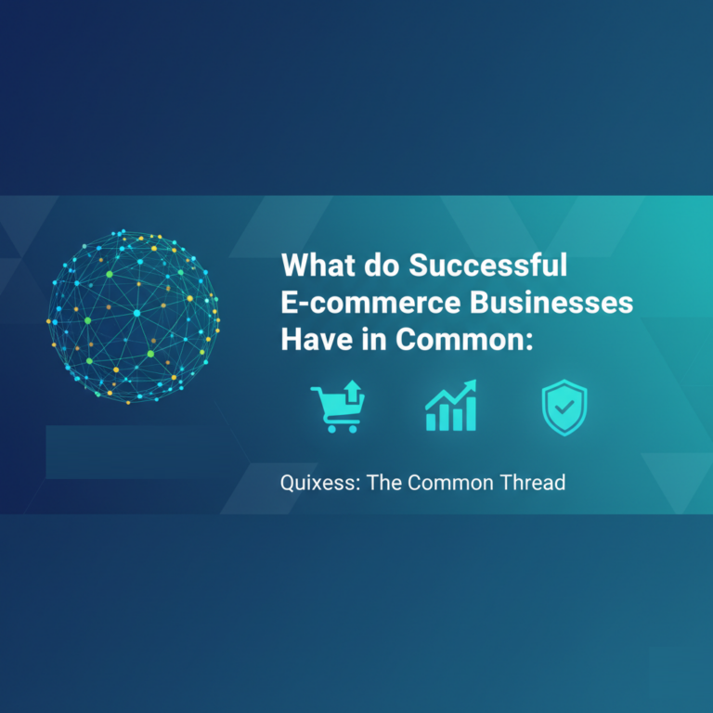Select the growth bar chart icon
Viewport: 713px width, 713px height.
[x=450, y=408]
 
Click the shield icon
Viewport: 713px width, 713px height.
[x=564, y=408]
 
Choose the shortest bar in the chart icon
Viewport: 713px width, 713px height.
[x=431, y=421]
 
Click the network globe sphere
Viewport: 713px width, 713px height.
[x=134, y=315]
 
